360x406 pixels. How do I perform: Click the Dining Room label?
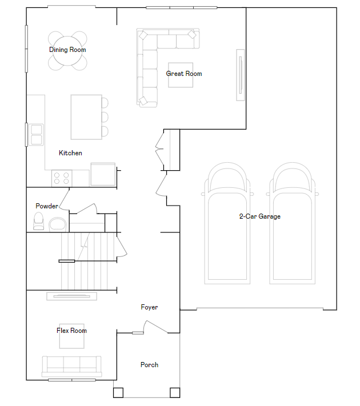pyautogui.click(x=67, y=50)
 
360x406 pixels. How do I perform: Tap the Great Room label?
pyautogui.click(x=184, y=74)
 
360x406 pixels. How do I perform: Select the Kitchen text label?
pyautogui.click(x=70, y=153)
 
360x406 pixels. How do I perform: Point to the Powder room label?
pyautogui.click(x=47, y=206)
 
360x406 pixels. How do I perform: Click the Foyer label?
pyautogui.click(x=149, y=307)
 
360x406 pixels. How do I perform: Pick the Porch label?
pyautogui.click(x=149, y=365)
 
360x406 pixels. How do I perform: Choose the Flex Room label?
pyautogui.click(x=71, y=331)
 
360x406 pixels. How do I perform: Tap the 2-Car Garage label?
pyautogui.click(x=259, y=216)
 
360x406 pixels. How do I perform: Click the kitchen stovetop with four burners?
pyautogui.click(x=62, y=178)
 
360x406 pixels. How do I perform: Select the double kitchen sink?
pyautogui.click(x=36, y=135)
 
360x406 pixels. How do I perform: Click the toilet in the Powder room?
pyautogui.click(x=39, y=221)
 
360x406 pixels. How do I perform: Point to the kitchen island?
pyautogui.click(x=86, y=117)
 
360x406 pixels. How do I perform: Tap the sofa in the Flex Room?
pyautogui.click(x=72, y=367)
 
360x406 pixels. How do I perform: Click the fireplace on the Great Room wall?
pyautogui.click(x=240, y=75)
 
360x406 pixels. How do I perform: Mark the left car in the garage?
pyautogui.click(x=227, y=223)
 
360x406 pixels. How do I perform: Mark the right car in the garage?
pyautogui.click(x=293, y=223)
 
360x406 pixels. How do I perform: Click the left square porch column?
pyautogui.click(x=118, y=392)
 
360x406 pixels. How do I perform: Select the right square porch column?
pyautogui.click(x=175, y=392)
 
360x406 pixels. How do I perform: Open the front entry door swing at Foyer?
pyautogui.click(x=155, y=326)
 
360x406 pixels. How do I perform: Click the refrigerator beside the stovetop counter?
pyautogui.click(x=103, y=174)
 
